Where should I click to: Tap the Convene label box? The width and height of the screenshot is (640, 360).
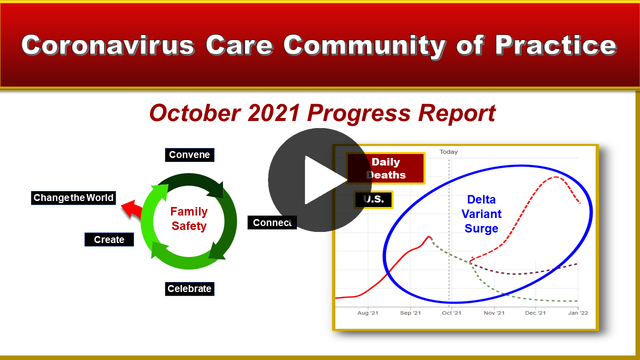pyautogui.click(x=189, y=155)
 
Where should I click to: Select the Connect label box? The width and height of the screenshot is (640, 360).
pyautogui.click(x=272, y=222)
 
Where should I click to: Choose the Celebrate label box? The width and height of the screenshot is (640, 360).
pyautogui.click(x=189, y=288)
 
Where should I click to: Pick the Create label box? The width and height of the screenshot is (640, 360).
pyautogui.click(x=109, y=239)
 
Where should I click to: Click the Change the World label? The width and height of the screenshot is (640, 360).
pyautogui.click(x=73, y=197)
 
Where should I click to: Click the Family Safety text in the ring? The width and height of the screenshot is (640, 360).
pyautogui.click(x=189, y=218)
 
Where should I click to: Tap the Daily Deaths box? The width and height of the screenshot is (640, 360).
pyautogui.click(x=385, y=168)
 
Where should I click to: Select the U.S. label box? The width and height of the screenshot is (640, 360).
pyautogui.click(x=373, y=199)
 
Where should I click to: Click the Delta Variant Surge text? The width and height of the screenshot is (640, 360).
pyautogui.click(x=481, y=213)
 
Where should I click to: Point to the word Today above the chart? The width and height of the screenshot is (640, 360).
pyautogui.click(x=448, y=151)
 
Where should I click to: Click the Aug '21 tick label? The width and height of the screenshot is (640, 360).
pyautogui.click(x=367, y=313)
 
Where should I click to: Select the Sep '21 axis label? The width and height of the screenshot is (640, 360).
pyautogui.click(x=410, y=313)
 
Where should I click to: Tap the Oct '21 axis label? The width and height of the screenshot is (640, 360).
pyautogui.click(x=451, y=313)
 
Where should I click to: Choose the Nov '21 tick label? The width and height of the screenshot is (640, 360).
pyautogui.click(x=494, y=313)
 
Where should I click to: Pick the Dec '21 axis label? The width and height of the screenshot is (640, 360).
pyautogui.click(x=535, y=313)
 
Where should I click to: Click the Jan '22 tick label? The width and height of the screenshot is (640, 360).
pyautogui.click(x=578, y=313)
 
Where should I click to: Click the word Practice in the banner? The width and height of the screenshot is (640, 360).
pyautogui.click(x=555, y=45)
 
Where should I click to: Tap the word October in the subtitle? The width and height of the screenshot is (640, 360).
pyautogui.click(x=195, y=113)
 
